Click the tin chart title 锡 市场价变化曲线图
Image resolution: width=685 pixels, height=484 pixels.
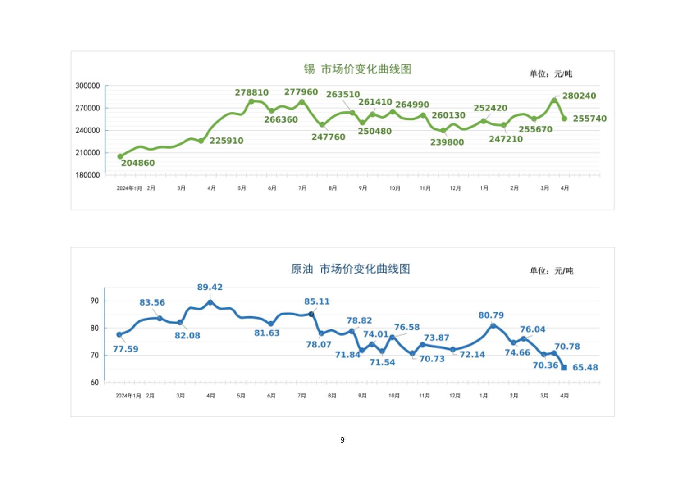tap(357, 69)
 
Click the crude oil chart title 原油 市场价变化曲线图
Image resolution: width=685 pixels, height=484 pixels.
tap(351, 269)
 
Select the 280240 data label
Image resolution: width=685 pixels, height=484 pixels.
tap(579, 96)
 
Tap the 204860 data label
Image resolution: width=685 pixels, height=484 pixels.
tap(138, 163)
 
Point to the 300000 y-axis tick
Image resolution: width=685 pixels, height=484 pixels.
tap(87, 86)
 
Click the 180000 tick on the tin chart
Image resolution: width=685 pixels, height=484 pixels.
tap(87, 175)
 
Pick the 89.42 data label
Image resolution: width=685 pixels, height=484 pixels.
tap(210, 287)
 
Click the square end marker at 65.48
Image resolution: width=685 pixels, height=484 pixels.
tap(564, 368)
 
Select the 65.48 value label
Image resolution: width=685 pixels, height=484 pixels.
tap(585, 368)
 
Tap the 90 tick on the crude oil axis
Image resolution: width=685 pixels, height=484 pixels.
tap(95, 301)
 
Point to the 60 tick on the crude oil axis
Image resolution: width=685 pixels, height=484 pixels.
tap(95, 382)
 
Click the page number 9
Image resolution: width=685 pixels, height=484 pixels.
tap(342, 440)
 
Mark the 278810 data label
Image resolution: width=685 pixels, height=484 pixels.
tap(251, 92)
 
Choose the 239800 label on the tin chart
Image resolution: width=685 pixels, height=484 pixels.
tap(447, 142)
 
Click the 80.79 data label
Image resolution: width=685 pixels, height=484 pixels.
tap(491, 315)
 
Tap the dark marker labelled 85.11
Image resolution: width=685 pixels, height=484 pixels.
tap(311, 314)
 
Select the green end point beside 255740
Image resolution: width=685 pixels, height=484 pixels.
tap(564, 119)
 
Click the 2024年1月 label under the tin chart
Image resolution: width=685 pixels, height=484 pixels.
tap(129, 188)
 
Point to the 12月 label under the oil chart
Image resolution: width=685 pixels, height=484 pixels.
tap(455, 396)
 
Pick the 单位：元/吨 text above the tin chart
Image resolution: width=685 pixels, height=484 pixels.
tap(551, 74)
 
